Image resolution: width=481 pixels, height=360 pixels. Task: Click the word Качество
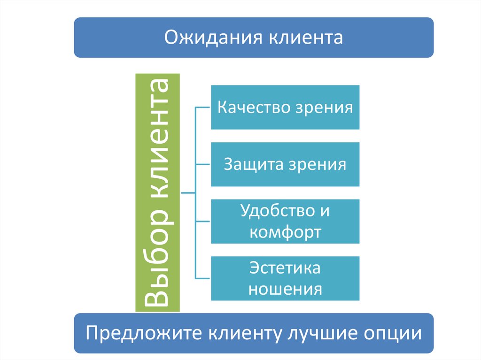tap(254, 107)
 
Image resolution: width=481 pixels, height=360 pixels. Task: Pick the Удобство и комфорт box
tap(285, 221)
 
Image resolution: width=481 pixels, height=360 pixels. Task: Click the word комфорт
tap(286, 232)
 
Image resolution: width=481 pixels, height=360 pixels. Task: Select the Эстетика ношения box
tap(285, 278)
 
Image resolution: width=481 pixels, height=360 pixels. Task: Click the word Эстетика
tap(285, 268)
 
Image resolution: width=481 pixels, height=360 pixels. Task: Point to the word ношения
tap(285, 289)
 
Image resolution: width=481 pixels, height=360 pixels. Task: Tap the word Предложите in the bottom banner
tap(141, 334)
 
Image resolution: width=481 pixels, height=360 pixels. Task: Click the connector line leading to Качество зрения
tap(203, 107)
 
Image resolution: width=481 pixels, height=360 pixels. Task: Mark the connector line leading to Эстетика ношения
tap(203, 278)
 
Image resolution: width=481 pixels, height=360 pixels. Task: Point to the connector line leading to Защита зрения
tap(203, 164)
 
